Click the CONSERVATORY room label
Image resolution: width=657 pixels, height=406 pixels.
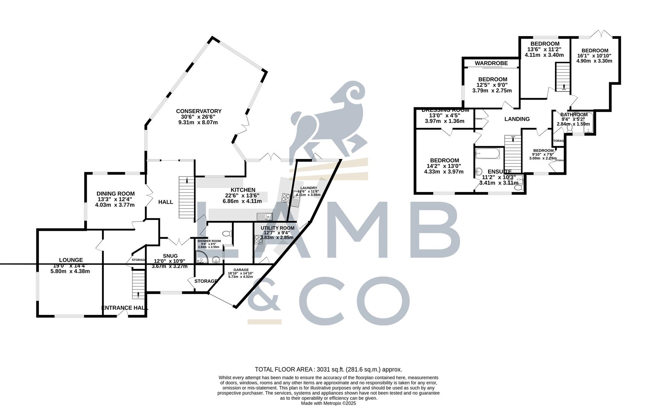pos(199,111)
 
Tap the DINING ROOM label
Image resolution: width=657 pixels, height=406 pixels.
pos(115,194)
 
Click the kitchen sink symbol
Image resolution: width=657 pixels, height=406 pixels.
pos(265,216)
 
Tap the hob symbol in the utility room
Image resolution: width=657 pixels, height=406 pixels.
pos(258,239)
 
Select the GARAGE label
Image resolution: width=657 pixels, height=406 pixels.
pos(241,270)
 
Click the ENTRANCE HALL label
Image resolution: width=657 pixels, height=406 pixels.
pos(125,308)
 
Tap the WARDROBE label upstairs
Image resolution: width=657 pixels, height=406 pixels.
pos(491,63)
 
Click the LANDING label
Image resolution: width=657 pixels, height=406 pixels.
pos(517,119)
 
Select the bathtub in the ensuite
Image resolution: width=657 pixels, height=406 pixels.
pos(488,153)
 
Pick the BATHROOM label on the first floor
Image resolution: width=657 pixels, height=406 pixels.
pos(574,115)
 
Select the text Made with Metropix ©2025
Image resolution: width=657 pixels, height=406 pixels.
pos(328,403)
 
